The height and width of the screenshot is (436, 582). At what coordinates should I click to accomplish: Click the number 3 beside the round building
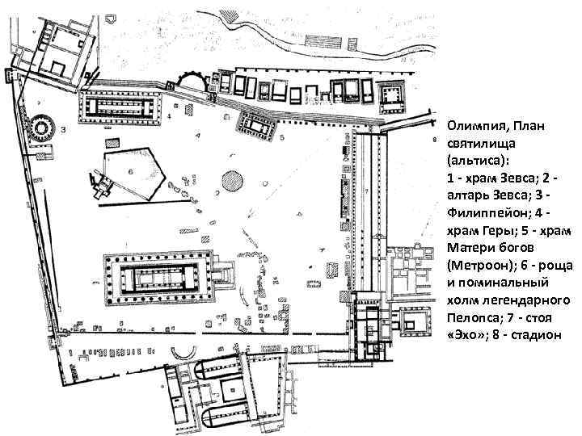pyautogui.click(x=63, y=129)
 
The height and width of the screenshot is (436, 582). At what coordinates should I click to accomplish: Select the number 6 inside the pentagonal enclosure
pyautogui.click(x=131, y=171)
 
